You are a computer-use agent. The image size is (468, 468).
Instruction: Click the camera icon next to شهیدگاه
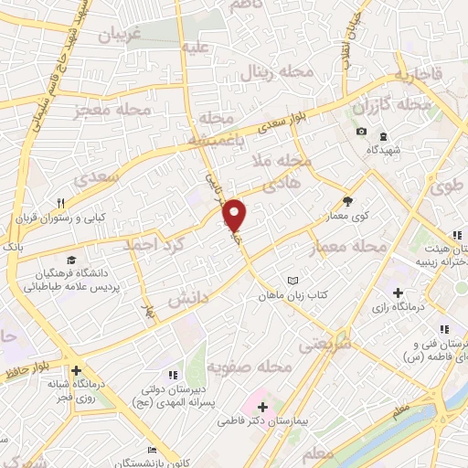click(361, 132)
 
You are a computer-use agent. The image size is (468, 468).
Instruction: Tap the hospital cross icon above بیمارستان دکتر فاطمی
click(262, 407)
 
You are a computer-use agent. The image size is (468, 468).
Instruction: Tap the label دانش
click(188, 299)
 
